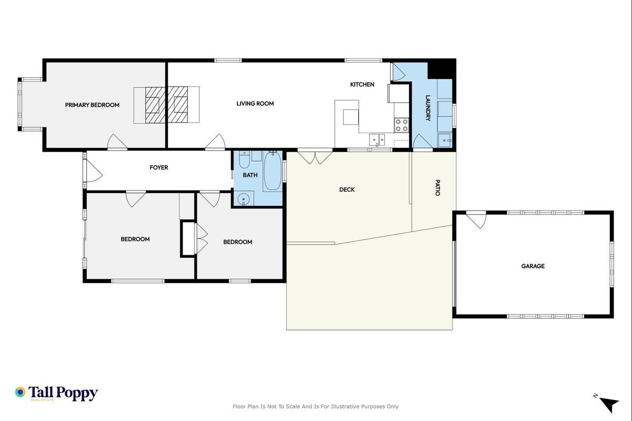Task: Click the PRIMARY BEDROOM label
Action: (x=92, y=105)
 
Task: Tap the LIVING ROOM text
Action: (x=255, y=104)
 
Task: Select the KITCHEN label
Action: (x=362, y=84)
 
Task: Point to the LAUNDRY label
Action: (x=428, y=108)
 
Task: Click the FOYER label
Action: (x=158, y=167)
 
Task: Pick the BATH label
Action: (x=250, y=175)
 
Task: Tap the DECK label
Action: (x=347, y=189)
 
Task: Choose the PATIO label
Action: (x=437, y=188)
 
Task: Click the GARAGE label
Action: (x=533, y=266)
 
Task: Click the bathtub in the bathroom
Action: (x=272, y=171)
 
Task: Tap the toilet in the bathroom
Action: (x=244, y=159)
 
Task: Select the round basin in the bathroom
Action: (x=243, y=200)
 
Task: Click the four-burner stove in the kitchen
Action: (x=401, y=125)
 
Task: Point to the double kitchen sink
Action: (x=377, y=139)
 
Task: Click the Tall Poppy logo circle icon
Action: (x=20, y=392)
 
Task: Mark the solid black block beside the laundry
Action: (x=442, y=69)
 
